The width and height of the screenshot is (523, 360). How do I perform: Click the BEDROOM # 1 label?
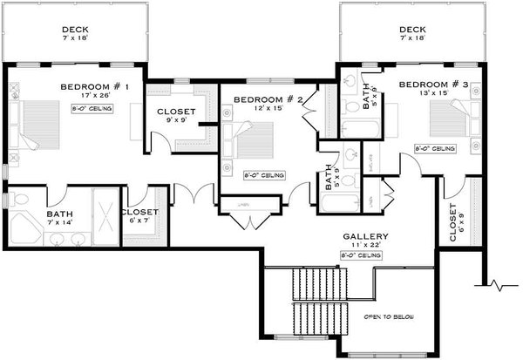(95, 87)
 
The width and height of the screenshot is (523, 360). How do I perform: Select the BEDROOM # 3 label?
(434, 85)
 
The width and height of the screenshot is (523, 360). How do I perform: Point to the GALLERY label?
(365, 236)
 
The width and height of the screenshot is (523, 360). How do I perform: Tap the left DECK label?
(75, 29)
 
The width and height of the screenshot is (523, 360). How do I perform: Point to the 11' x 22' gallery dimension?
(365, 245)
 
